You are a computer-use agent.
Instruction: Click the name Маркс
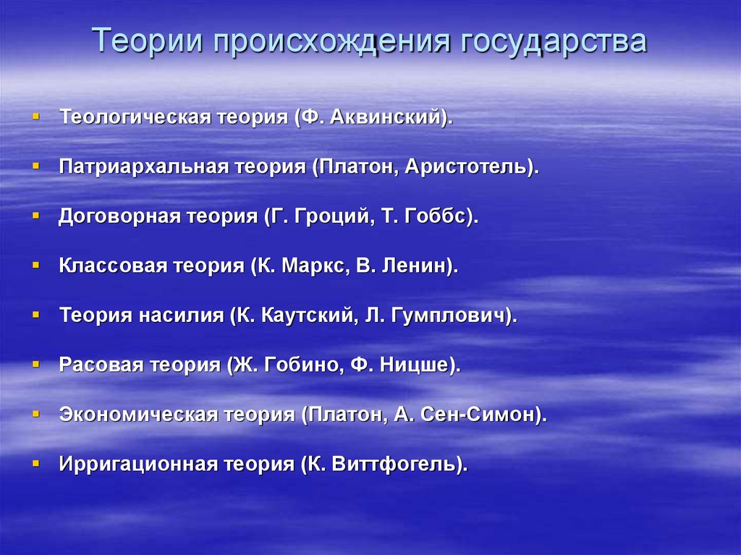coord(312,266)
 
